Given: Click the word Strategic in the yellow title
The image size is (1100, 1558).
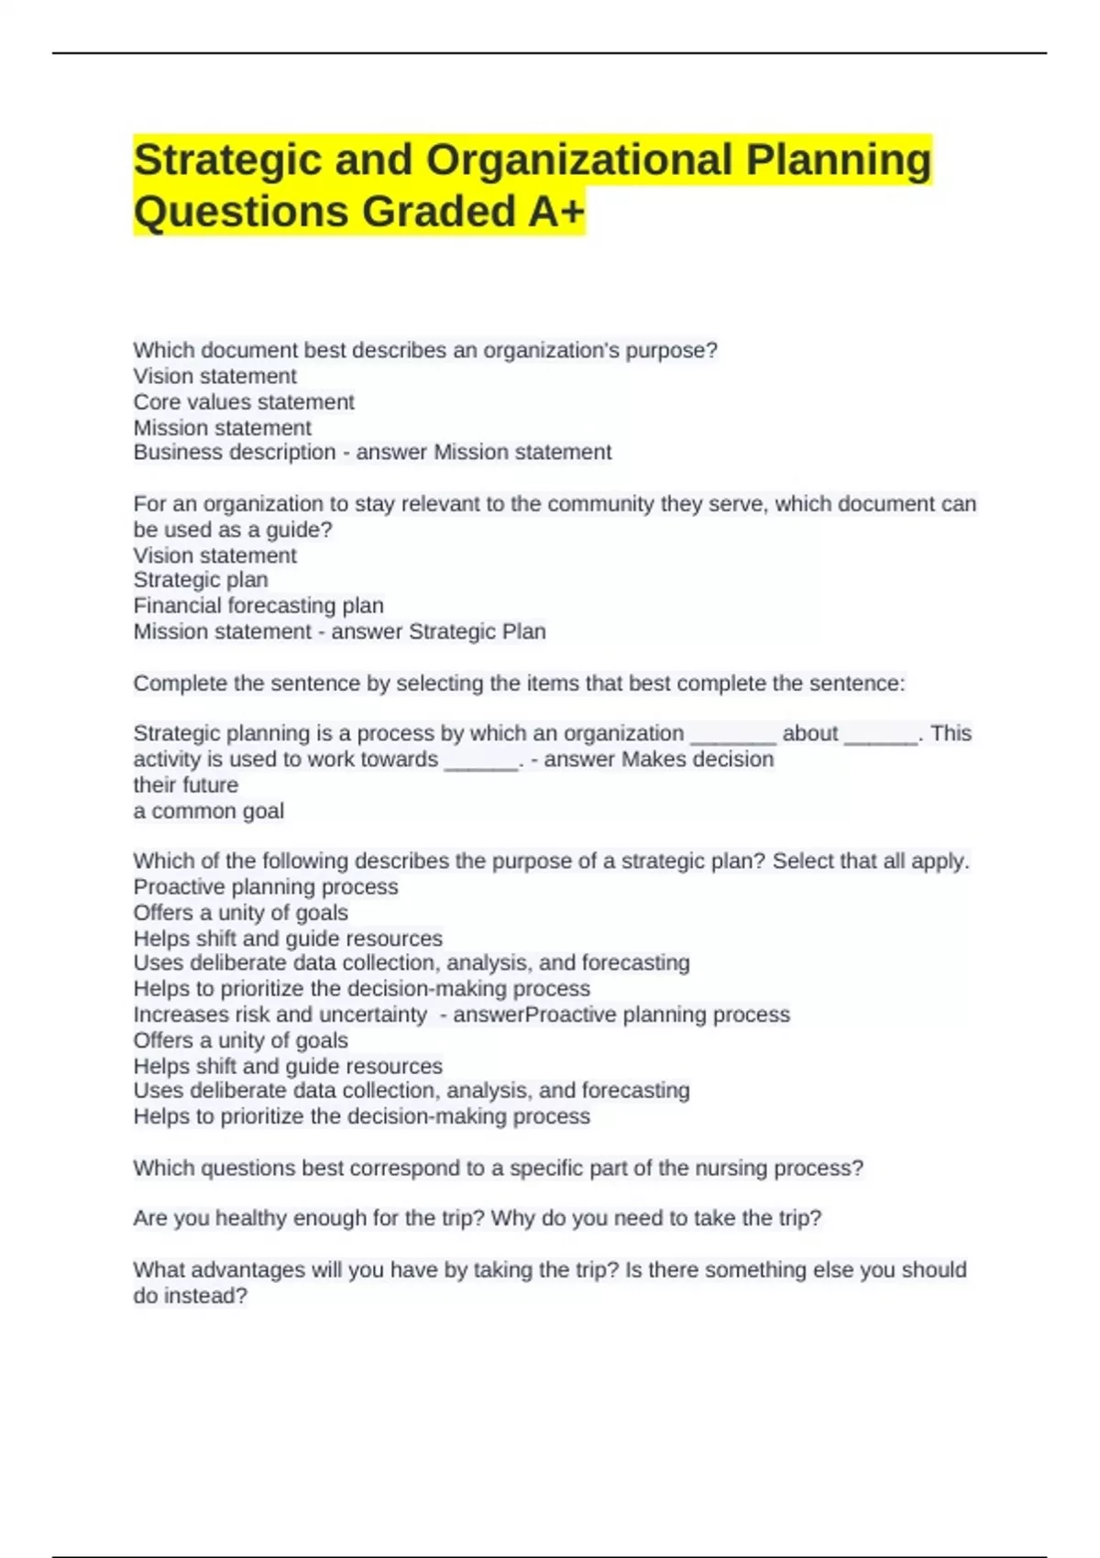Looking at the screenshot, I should click(x=226, y=160).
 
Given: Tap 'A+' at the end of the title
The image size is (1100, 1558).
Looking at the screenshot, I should click(x=555, y=212).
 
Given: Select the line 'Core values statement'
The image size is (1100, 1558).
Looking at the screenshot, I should click(x=244, y=401).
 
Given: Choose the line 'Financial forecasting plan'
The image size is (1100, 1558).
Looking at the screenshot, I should click(x=258, y=606).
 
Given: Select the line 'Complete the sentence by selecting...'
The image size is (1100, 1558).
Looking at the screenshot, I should click(x=519, y=684).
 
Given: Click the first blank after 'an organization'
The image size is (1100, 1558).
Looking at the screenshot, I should click(x=732, y=735).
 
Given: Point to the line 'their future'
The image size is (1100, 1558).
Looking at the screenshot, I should click(x=186, y=785).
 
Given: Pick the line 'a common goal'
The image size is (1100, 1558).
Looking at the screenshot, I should click(x=209, y=811).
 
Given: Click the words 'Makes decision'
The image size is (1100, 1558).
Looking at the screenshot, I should click(x=698, y=760).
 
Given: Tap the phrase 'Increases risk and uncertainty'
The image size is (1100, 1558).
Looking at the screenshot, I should click(x=280, y=1015).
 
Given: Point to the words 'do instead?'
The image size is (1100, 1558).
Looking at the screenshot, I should click(x=191, y=1296).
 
